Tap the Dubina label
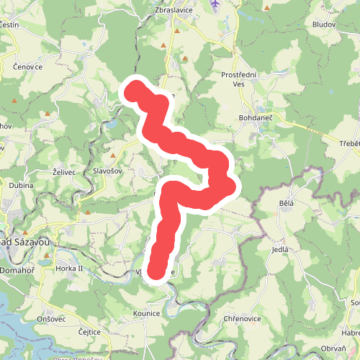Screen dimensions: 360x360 21,185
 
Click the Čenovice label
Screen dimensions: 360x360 28,66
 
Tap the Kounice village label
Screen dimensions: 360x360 146,314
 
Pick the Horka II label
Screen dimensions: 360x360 70,268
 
